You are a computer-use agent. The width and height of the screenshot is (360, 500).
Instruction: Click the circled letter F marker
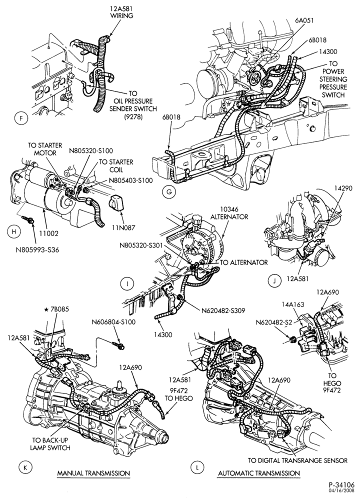[21, 118]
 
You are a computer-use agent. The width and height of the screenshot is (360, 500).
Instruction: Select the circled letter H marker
[13, 232]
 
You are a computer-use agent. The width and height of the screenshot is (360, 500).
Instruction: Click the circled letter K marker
[24, 468]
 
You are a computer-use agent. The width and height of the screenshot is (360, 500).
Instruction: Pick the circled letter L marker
[197, 468]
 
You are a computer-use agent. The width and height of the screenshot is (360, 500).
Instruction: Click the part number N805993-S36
[37, 249]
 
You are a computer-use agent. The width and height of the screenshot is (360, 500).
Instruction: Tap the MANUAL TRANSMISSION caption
[93, 473]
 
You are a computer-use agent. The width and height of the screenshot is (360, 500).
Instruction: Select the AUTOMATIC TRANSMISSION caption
[259, 473]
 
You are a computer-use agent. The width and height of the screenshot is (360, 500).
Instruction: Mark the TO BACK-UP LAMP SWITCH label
[50, 444]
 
